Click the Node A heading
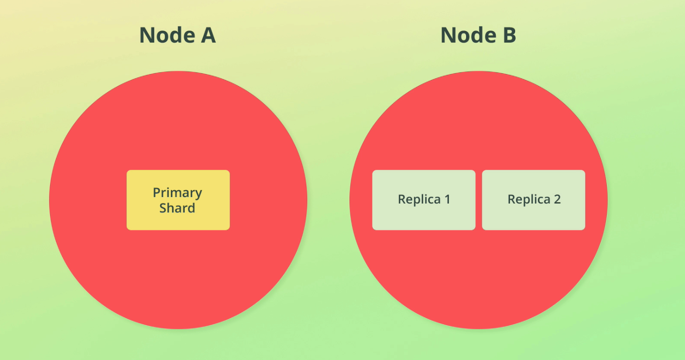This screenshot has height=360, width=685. coord(177,35)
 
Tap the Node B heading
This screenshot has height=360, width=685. coord(478,35)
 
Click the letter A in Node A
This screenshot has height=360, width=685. coord(208,35)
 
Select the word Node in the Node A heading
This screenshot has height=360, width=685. coord(167,35)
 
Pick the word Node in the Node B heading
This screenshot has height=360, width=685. coord(468,35)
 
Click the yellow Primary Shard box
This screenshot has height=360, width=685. coord(178,200)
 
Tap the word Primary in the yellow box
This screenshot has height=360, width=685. coord(177,193)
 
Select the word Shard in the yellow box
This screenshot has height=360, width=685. coord(177,208)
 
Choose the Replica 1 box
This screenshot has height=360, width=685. coord(424,200)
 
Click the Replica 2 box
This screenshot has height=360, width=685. coord(534,200)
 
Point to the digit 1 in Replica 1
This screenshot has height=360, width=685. coord(447,199)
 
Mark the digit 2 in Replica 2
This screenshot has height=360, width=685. coord(557,199)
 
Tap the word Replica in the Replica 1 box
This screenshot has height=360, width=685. coord(419,199)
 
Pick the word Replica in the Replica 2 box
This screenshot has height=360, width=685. coord(529,199)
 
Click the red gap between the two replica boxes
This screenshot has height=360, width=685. coord(479,200)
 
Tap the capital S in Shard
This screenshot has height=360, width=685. coord(163,208)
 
